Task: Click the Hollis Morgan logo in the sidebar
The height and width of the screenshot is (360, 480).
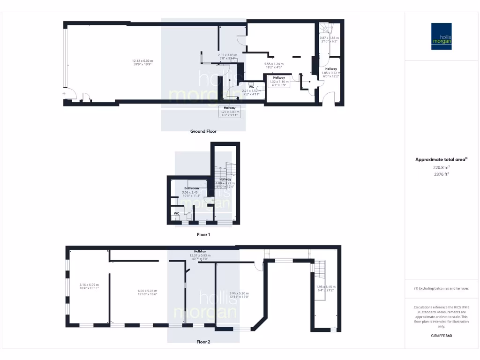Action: pos(441,37)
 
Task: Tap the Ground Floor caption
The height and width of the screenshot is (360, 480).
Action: pos(203,131)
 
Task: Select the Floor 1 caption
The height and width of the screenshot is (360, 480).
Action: pos(203,234)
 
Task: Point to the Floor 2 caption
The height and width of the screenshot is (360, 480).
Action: pos(203,342)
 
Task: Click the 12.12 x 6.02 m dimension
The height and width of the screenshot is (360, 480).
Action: pos(142,61)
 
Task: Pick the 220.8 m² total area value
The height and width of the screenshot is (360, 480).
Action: pos(441,167)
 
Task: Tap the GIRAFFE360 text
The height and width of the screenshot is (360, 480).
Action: pos(441,336)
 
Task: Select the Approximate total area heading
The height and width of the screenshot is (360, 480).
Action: pos(441,160)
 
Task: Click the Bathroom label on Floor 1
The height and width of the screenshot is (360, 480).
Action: pos(191,188)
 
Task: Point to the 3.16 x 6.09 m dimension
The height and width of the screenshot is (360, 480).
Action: pos(89,285)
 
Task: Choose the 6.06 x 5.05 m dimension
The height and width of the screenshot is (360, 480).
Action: pos(138,290)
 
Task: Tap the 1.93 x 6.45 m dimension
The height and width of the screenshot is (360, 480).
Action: pos(325,286)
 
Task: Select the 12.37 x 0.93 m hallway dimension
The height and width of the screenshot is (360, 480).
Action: pos(200,255)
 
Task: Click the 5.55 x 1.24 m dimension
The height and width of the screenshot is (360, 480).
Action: pos(275,64)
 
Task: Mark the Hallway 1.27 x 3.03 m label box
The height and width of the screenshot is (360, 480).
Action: pos(230,111)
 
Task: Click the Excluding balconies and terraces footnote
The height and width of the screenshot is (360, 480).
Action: pos(441,288)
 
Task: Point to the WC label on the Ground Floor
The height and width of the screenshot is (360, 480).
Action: pos(251,86)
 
